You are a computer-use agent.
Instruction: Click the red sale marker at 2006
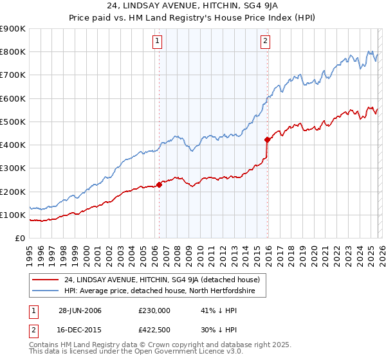click(159, 184)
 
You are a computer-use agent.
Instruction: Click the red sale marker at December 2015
click(267, 139)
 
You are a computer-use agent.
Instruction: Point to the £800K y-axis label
click(13, 52)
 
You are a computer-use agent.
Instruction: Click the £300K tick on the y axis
click(13, 168)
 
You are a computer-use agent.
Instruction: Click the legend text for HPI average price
click(160, 291)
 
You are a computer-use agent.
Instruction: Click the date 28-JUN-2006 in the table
click(80, 310)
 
